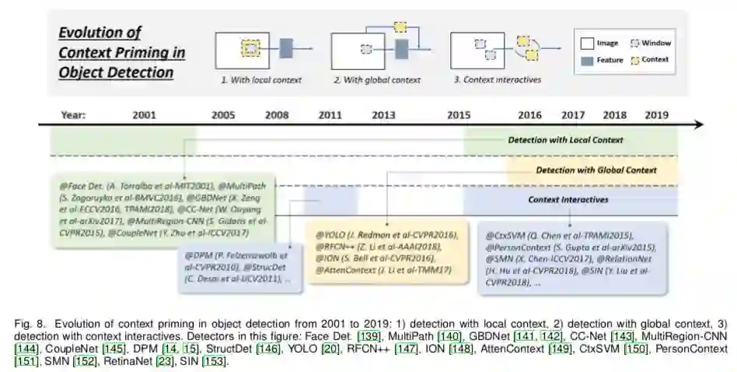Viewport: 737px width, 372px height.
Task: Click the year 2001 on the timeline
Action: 144,115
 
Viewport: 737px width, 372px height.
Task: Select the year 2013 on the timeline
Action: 382,115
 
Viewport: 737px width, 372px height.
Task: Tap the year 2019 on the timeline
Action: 655,115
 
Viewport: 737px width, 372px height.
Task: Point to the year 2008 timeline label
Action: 276,115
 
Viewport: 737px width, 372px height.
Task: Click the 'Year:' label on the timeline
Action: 74,115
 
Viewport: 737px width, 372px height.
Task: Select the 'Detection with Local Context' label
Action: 565,141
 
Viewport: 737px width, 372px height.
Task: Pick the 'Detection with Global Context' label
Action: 596,170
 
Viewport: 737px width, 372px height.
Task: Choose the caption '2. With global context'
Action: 377,80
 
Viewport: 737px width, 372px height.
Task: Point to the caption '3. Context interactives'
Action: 498,80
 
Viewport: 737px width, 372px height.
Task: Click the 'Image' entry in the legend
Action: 606,44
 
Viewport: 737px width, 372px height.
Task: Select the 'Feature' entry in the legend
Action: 609,61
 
